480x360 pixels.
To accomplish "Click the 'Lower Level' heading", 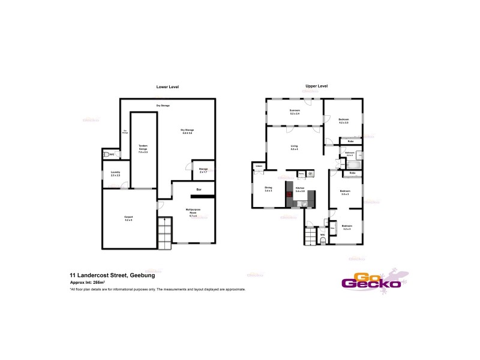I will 168,87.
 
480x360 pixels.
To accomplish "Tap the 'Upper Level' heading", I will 316,86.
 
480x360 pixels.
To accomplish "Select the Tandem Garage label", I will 143,149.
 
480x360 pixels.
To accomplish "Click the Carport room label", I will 128,218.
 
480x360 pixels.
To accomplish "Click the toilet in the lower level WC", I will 107,155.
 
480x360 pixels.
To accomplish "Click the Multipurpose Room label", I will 193,212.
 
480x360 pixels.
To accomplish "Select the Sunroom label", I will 295,112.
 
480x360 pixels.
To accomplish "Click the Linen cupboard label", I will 259,166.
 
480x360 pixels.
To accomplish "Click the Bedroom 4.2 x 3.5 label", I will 343,121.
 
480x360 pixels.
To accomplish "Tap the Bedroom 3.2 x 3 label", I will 346,228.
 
